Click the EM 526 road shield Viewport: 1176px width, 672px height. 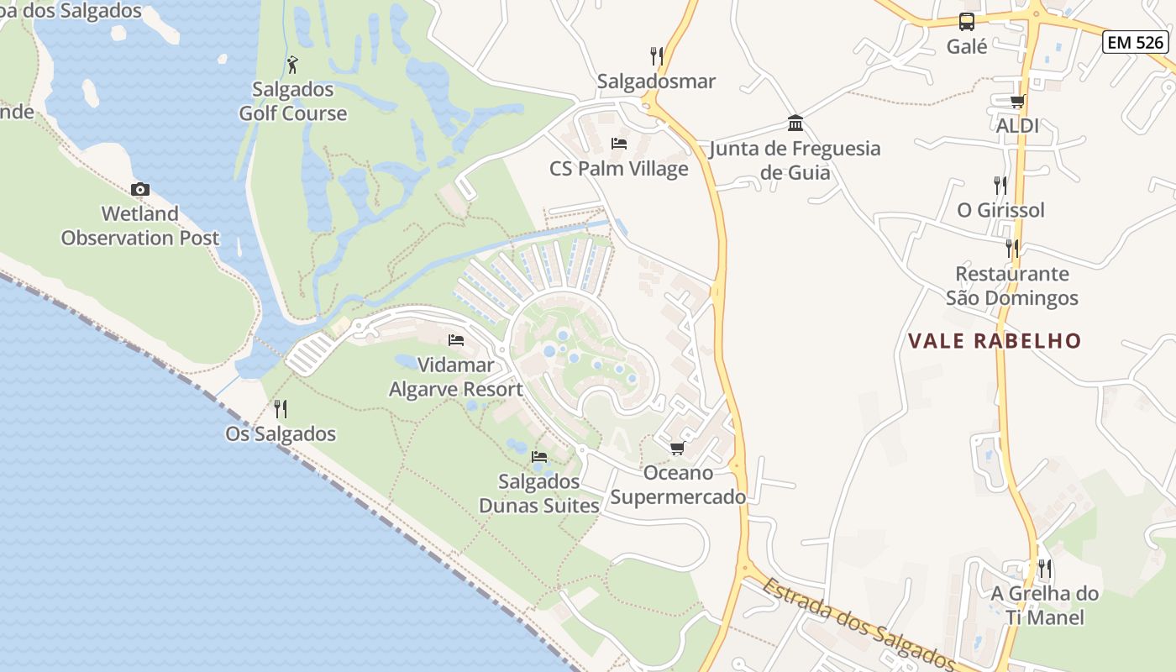(1135, 42)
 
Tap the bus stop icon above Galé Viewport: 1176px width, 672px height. (967, 22)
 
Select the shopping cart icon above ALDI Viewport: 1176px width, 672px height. (1017, 101)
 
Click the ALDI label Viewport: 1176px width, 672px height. (1017, 126)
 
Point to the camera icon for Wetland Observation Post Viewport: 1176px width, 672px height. (140, 189)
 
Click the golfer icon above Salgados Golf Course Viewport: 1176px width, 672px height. (292, 64)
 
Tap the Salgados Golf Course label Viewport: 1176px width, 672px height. (292, 102)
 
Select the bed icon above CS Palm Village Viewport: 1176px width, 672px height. (619, 144)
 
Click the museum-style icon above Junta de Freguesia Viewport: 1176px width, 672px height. (795, 124)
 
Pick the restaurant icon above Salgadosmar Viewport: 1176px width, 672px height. (657, 56)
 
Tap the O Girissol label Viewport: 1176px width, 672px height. (1000, 210)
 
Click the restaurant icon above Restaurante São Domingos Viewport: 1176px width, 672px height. (1012, 249)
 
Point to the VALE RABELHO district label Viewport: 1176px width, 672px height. (995, 341)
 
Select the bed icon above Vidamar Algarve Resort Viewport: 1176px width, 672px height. (456, 340)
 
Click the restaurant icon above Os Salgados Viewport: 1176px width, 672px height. (281, 409)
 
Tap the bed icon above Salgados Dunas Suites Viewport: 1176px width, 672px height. (539, 457)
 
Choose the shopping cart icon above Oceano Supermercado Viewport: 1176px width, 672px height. (678, 448)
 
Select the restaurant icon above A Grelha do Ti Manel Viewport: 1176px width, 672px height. (1044, 569)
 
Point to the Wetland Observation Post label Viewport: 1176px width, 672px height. (140, 226)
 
